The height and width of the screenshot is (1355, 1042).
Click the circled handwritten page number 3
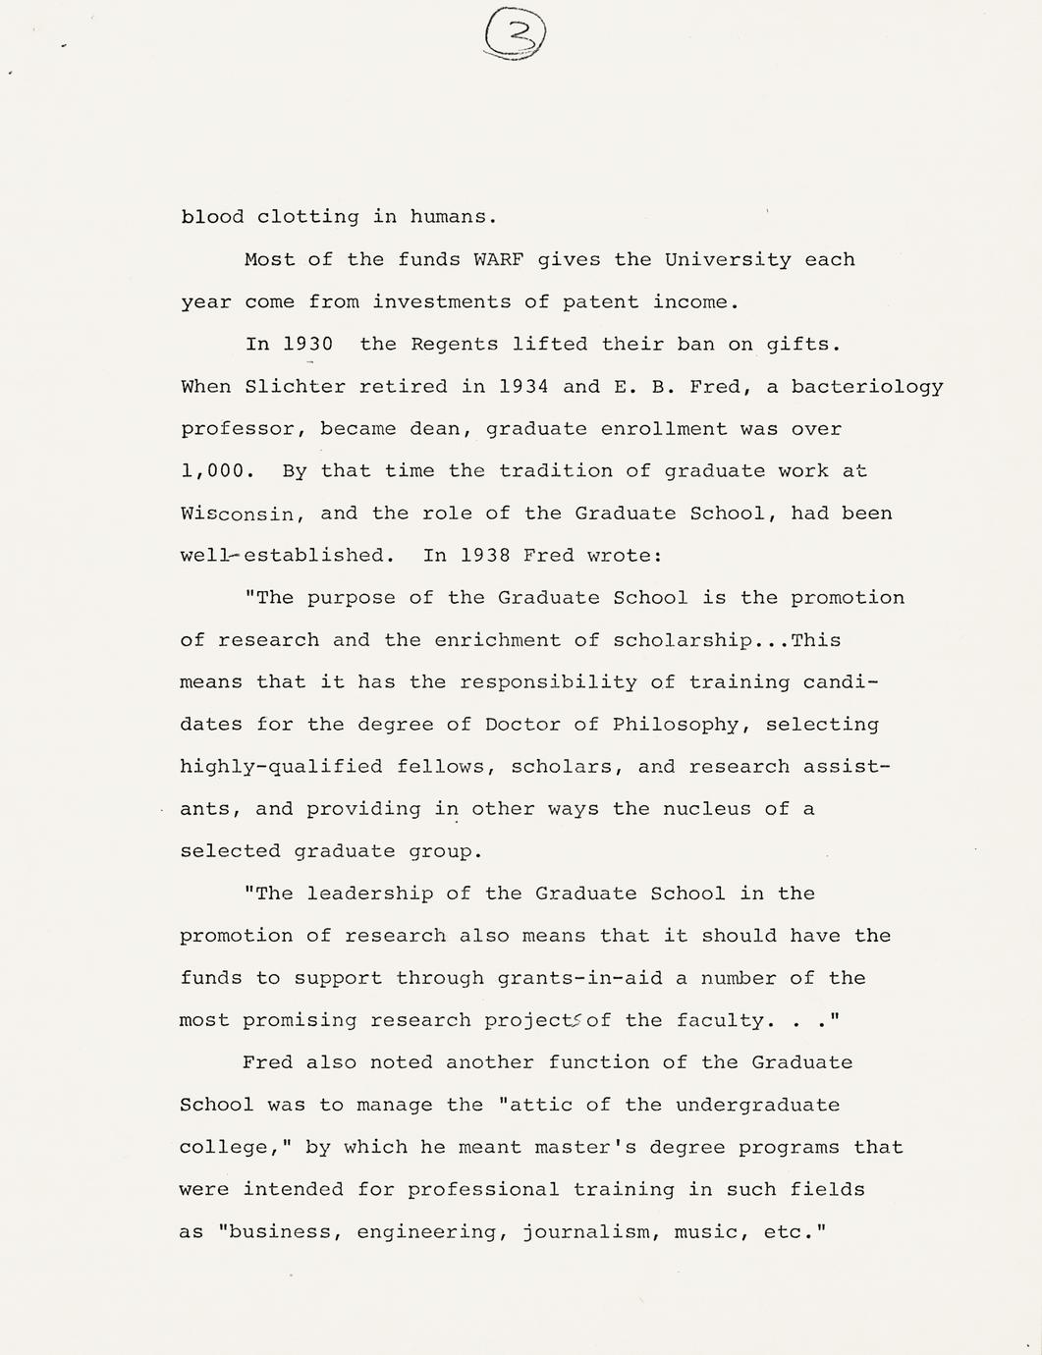coord(515,38)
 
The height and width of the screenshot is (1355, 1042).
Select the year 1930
coord(307,345)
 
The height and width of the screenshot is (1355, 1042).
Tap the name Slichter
coord(296,387)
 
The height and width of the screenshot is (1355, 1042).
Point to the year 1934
coord(523,387)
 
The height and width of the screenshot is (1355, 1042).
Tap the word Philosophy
coord(676,725)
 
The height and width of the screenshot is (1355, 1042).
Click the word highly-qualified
coord(281,767)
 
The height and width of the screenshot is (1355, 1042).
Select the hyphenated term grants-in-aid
coord(579,978)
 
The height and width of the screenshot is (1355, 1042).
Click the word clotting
coord(307,218)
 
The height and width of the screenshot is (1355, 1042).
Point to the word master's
coord(585,1147)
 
